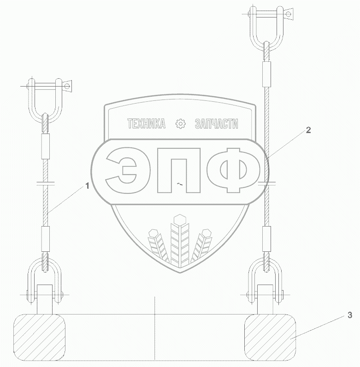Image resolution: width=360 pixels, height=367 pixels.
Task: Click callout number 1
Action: [x=88, y=186]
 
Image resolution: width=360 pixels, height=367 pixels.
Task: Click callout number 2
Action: [x=308, y=130]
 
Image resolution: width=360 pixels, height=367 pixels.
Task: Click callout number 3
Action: [x=350, y=315]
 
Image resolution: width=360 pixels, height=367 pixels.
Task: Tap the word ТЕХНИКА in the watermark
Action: [x=147, y=123]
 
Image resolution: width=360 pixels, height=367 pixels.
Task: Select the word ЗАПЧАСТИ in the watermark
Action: [x=217, y=123]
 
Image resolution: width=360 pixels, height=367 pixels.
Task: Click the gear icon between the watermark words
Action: [x=181, y=123]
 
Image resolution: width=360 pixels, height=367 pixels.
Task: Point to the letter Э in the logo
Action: [x=121, y=170]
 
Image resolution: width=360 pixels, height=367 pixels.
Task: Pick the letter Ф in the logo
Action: [x=234, y=170]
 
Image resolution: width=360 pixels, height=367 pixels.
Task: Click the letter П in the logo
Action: [x=179, y=170]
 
